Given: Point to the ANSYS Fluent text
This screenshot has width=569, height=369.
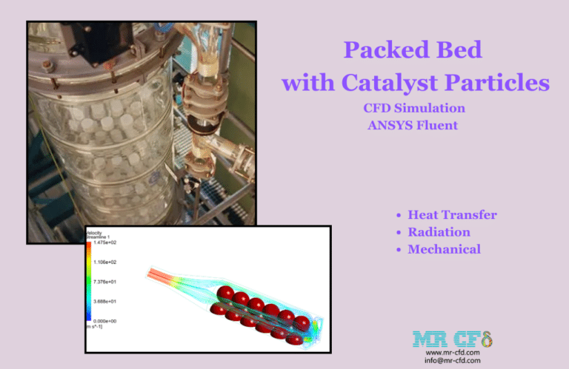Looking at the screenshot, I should [413, 125].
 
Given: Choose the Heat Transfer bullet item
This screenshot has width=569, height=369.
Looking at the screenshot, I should [452, 215].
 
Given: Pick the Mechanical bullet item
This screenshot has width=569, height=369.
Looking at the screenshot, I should [444, 249].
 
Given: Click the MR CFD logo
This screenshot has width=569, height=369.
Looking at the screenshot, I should [453, 339].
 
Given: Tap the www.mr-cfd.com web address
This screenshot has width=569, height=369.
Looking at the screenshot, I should [453, 353].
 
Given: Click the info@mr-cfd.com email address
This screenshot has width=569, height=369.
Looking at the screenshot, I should [453, 361].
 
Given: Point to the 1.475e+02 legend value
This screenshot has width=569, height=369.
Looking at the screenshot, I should [106, 243].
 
